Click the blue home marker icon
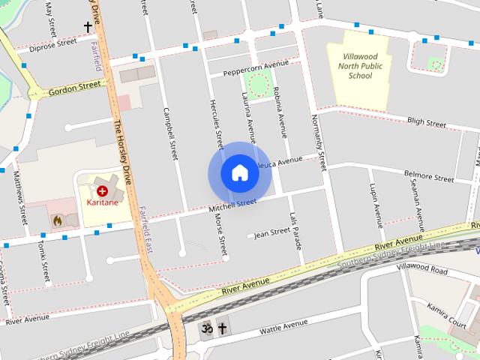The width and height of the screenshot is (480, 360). click(x=239, y=173)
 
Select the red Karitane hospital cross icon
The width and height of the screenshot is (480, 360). click(x=102, y=192)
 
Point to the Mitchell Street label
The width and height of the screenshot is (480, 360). click(x=232, y=204)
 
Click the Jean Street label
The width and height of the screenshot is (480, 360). click(x=272, y=232)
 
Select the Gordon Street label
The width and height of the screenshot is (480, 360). click(x=73, y=88)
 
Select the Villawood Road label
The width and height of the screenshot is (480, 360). click(x=422, y=268)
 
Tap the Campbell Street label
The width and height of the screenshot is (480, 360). click(x=170, y=133)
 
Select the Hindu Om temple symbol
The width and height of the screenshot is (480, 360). click(x=205, y=328)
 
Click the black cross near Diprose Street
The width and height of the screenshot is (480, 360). click(x=88, y=27)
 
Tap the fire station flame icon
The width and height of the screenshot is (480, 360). click(x=57, y=220)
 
